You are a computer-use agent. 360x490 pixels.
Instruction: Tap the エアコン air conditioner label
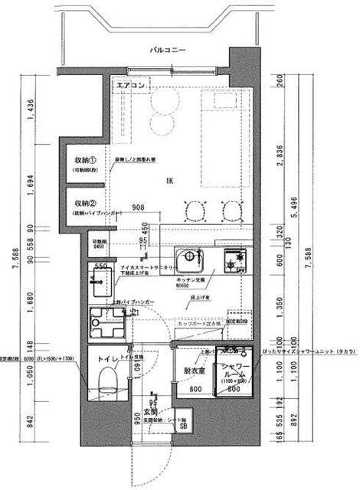(x=131, y=87)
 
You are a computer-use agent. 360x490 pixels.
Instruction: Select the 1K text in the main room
(x=168, y=181)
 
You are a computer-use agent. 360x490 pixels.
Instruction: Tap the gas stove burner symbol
(x=232, y=262)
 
